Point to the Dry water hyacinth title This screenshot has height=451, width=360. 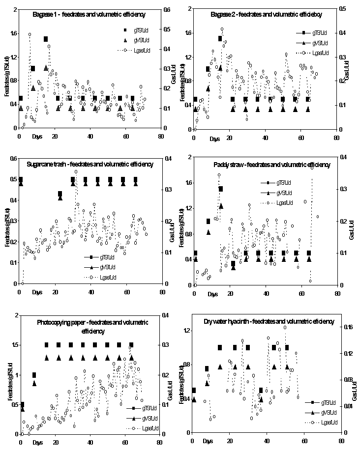269,321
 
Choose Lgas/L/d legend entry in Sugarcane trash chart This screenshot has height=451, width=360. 111,278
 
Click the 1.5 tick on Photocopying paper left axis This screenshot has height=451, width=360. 11,345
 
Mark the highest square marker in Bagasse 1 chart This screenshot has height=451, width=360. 45,39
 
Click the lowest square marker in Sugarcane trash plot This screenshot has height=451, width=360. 60,194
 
